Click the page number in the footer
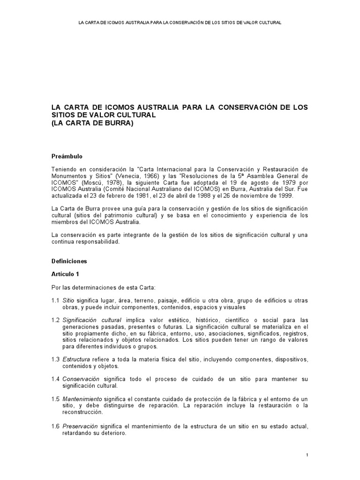(307, 455)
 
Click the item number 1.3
(55, 359)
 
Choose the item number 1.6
(55, 427)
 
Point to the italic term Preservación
(80, 427)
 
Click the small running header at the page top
(180, 22)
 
